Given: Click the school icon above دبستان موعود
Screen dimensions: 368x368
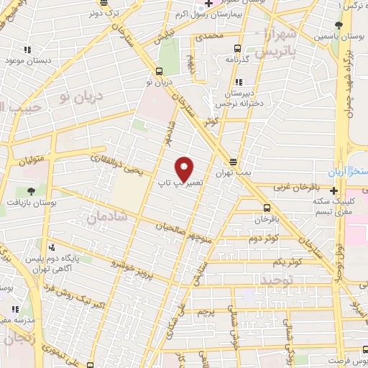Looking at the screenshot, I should pos(28,50).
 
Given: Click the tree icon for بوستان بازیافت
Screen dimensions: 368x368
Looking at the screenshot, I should pos(31,191).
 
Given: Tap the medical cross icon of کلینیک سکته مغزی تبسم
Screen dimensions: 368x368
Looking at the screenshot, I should pos(334,190).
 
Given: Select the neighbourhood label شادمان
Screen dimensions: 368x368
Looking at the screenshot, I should pos(107,215).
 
